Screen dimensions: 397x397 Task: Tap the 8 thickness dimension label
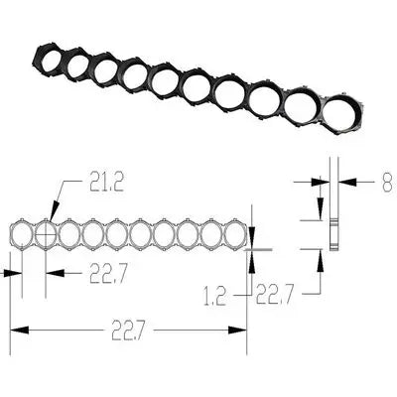[386, 182]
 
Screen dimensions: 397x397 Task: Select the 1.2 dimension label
[213, 295]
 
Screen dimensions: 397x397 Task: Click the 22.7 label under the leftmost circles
[110, 273]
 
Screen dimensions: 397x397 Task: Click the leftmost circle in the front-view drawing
[21, 234]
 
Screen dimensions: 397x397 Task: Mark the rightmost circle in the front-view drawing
[234, 234]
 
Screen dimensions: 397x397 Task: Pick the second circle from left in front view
[45, 234]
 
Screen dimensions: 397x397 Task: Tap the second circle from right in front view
[210, 234]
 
